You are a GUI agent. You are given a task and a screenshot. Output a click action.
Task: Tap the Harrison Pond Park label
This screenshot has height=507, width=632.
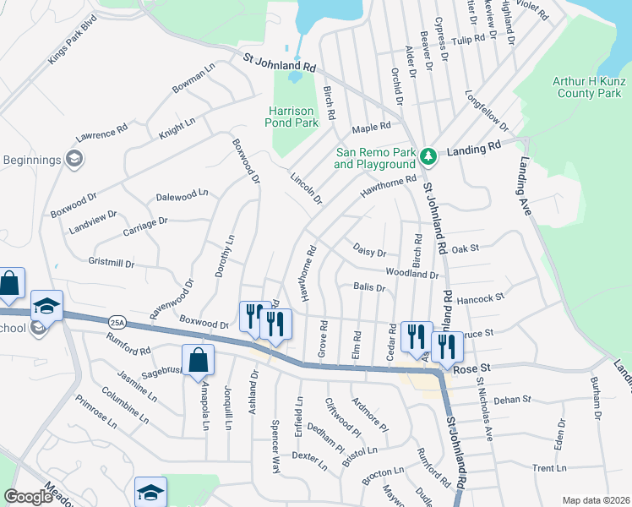coord(293,117)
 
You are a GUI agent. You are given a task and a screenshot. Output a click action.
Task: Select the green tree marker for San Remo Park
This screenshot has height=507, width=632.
coord(428,155)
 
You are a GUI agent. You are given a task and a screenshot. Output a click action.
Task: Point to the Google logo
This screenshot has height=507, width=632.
coord(27,497)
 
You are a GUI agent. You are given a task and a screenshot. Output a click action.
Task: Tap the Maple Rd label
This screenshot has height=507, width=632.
coord(371,128)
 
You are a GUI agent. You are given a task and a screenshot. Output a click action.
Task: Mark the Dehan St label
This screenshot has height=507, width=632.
coord(512,399)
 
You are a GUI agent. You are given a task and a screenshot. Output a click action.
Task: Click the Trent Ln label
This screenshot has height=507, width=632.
coord(549,468)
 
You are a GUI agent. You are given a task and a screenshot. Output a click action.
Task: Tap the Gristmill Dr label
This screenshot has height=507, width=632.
coord(112,264)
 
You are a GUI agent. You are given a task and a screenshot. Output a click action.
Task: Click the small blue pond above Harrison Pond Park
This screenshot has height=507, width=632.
coord(294,78)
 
